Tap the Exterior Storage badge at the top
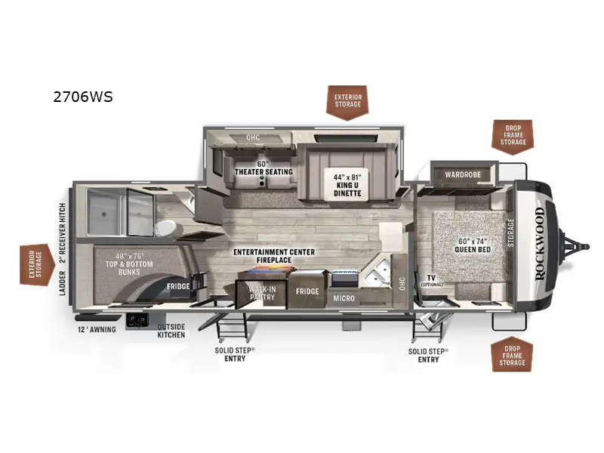coord(347,101)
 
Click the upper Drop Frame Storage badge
coord(513,136)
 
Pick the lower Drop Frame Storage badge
coord(513,354)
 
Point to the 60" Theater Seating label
coord(263,168)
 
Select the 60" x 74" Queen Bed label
coord(473,246)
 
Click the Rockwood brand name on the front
coord(539,243)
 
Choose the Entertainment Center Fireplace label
coord(274,256)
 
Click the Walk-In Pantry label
coord(262,293)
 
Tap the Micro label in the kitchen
coord(344,298)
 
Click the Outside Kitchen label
coord(171,330)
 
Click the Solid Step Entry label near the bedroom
coord(428,355)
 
